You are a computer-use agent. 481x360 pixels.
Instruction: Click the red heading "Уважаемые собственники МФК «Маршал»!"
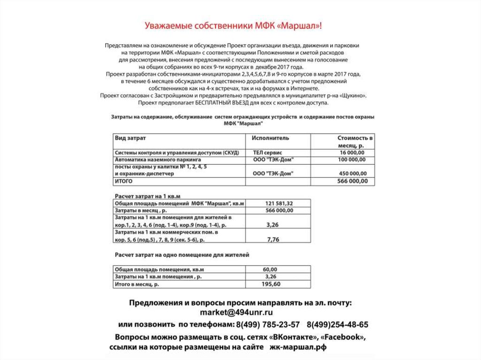(233, 25)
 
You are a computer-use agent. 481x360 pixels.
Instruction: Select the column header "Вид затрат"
(130, 138)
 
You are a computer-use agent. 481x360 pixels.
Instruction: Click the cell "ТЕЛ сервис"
(267, 153)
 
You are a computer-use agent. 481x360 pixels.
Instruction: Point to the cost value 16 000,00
(352, 153)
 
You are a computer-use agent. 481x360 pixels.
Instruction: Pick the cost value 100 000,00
(351, 160)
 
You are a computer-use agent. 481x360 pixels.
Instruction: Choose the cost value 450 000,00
(352, 174)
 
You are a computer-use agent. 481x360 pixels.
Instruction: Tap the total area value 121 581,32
(279, 203)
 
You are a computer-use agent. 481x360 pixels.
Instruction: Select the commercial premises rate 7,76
(273, 239)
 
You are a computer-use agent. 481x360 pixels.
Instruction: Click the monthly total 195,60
(271, 284)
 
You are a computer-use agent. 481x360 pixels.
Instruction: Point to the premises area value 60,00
(270, 269)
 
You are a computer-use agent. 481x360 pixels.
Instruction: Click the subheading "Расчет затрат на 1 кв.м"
(148, 195)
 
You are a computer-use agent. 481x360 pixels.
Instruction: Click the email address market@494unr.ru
(236, 313)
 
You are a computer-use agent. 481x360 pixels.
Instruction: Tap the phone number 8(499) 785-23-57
(268, 324)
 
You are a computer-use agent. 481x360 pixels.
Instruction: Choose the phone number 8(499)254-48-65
(338, 324)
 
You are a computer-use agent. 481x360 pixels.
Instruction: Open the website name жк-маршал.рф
(297, 347)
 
